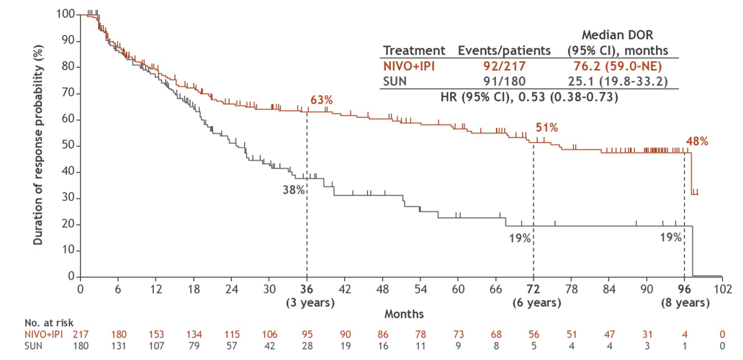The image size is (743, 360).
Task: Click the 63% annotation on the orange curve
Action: (x=321, y=99)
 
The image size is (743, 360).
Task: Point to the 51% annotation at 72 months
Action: (x=547, y=127)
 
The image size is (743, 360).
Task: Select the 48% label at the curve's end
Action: (x=697, y=141)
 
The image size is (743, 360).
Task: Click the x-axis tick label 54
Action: (x=420, y=289)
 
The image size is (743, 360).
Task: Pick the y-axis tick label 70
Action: (x=67, y=93)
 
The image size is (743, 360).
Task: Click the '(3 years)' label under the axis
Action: (x=307, y=302)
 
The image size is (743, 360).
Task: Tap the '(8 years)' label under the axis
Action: (x=685, y=302)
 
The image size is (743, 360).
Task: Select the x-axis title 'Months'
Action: (x=403, y=314)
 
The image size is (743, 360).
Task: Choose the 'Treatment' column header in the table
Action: (x=414, y=50)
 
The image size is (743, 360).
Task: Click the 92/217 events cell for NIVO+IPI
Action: (x=504, y=66)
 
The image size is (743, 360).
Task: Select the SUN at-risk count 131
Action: (x=117, y=346)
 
